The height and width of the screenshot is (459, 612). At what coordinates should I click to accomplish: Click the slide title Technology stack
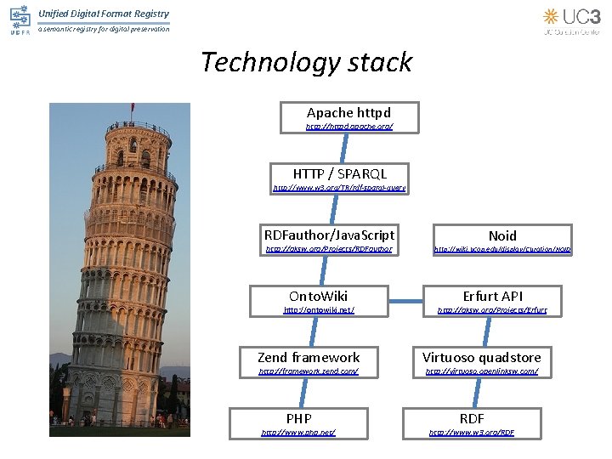pos(306,62)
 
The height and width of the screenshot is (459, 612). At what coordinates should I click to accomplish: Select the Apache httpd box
pos(348,113)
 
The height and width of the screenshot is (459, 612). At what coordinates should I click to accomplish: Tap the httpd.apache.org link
pos(349,127)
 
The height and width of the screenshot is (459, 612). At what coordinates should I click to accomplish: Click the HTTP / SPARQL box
pos(339,173)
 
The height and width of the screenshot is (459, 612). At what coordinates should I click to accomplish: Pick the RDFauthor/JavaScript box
pos(329,235)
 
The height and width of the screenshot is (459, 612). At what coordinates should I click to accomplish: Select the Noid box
pos(501,235)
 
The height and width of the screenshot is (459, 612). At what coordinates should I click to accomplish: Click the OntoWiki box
pos(318,296)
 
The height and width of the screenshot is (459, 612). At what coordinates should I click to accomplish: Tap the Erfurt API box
pos(492,296)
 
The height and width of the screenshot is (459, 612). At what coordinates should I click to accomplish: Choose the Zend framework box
pos(309,358)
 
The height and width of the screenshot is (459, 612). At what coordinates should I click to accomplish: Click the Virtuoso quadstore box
pos(481,358)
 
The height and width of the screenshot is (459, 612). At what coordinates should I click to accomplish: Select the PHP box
pos(298,418)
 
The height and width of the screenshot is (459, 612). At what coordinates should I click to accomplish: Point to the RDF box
pos(472,418)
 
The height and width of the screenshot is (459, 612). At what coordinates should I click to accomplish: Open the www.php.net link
pos(298,433)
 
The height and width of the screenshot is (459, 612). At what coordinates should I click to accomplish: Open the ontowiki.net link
pos(318,310)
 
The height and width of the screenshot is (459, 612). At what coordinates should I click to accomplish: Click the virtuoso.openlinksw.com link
pos(481,371)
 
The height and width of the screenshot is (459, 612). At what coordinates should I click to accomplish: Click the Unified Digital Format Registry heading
pos(104,14)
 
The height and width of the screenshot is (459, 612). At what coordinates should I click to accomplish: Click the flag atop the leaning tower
pos(133,108)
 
